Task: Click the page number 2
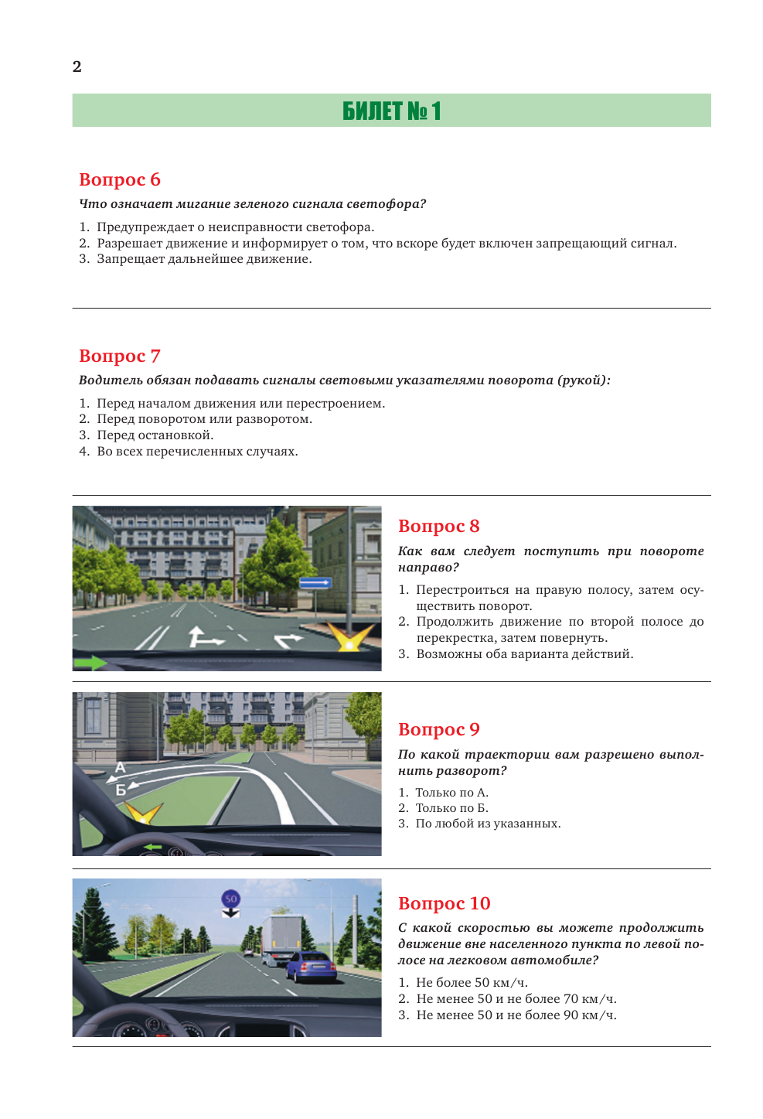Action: click(x=77, y=67)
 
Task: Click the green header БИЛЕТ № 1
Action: click(x=391, y=111)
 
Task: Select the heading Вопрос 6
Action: click(x=120, y=179)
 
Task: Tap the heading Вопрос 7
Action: click(x=120, y=356)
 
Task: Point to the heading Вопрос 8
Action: click(x=438, y=526)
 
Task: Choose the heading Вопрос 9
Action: click(x=438, y=729)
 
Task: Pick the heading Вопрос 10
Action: click(x=444, y=903)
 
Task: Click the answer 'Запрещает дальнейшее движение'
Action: click(x=204, y=259)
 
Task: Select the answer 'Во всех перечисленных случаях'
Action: click(x=197, y=452)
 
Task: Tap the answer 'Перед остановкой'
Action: click(x=155, y=435)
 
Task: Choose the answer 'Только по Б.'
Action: click(x=451, y=808)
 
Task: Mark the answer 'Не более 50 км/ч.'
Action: click(x=472, y=983)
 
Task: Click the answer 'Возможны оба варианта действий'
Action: click(x=524, y=654)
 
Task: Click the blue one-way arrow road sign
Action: click(x=315, y=583)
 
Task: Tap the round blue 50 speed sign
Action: click(x=230, y=899)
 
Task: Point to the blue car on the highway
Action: click(x=311, y=967)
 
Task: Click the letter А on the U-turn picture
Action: click(x=120, y=767)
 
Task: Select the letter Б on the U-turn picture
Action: click(x=121, y=790)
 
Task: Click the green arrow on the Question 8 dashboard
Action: click(x=90, y=663)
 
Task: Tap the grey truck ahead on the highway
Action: click(x=280, y=936)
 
